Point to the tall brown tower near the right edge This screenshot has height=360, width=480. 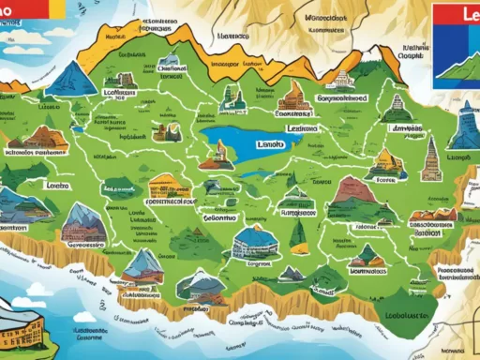(x=432, y=159)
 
